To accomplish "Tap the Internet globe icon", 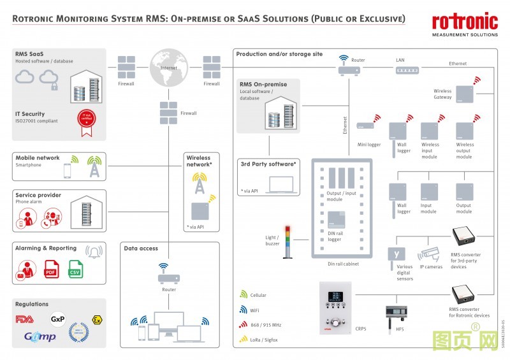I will coord(168,66).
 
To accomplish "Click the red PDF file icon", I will coord(52,270).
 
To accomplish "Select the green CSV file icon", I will coord(76,270).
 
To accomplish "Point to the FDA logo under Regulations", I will coord(25,319).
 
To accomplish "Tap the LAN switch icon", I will coord(400,71).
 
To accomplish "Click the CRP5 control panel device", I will coord(335,306).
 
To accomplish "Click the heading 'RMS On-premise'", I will coord(263,84).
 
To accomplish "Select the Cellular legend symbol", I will coord(243,295).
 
